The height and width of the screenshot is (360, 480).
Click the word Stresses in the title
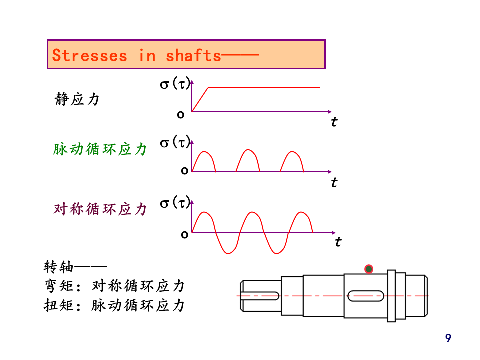[x=90, y=55]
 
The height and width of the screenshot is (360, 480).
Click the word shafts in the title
[x=193, y=55]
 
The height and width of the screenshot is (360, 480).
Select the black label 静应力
[x=77, y=99]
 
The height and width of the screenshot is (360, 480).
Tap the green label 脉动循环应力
[x=100, y=149]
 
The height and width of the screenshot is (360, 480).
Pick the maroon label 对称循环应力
[x=100, y=209]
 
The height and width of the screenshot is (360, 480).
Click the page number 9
[x=448, y=338]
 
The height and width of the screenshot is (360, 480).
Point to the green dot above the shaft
[x=369, y=269]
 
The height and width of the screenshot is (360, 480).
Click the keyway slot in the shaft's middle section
[x=366, y=296]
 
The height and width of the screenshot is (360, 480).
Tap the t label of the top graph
[x=334, y=121]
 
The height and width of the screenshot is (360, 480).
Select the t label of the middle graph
[x=334, y=182]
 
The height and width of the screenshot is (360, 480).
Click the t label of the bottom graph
[x=338, y=242]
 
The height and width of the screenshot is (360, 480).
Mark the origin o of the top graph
[x=181, y=114]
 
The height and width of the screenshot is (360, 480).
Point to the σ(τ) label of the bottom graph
[x=175, y=203]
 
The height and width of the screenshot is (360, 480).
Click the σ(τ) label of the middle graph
[x=175, y=143]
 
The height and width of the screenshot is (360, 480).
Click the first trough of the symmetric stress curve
[x=228, y=252]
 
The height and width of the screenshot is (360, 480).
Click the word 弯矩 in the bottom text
[x=59, y=286]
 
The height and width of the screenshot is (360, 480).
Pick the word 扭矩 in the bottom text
[x=59, y=305]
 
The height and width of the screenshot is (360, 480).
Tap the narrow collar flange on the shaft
[x=391, y=295]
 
